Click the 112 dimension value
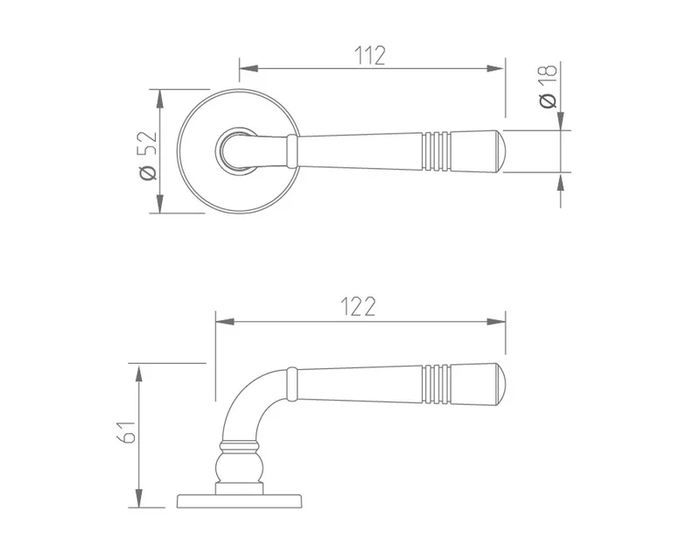[x=369, y=55]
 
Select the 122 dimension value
[x=358, y=306]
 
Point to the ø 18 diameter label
[x=549, y=86]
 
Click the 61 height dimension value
[x=126, y=431]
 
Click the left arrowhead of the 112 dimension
[x=248, y=69]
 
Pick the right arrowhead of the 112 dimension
[x=495, y=69]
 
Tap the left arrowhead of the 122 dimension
[x=225, y=322]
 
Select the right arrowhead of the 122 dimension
[x=496, y=322]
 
